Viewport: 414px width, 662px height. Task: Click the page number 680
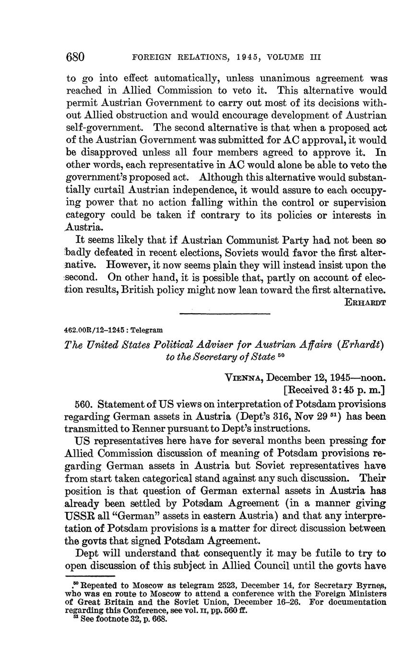click(75, 57)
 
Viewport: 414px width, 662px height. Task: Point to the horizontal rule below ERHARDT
click(225, 314)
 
